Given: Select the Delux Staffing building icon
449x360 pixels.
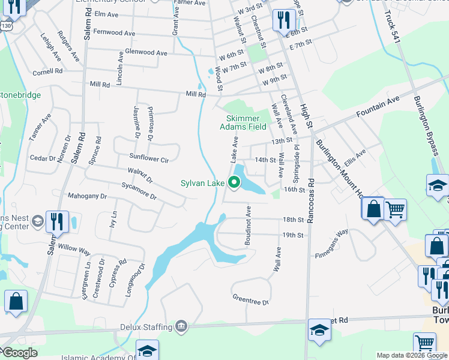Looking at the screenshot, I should pyautogui.click(x=181, y=326).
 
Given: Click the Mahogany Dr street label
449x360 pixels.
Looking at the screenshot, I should pyautogui.click(x=87, y=196).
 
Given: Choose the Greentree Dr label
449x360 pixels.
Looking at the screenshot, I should pyautogui.click(x=250, y=299).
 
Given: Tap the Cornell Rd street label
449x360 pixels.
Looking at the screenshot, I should pyautogui.click(x=48, y=72).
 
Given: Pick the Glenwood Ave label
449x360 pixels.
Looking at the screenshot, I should pyautogui.click(x=146, y=53).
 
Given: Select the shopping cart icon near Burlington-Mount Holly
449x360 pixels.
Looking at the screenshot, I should pyautogui.click(x=396, y=211).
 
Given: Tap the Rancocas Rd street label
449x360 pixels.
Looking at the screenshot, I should pyautogui.click(x=310, y=201).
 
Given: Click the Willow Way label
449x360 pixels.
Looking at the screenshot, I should pyautogui.click(x=74, y=248).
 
